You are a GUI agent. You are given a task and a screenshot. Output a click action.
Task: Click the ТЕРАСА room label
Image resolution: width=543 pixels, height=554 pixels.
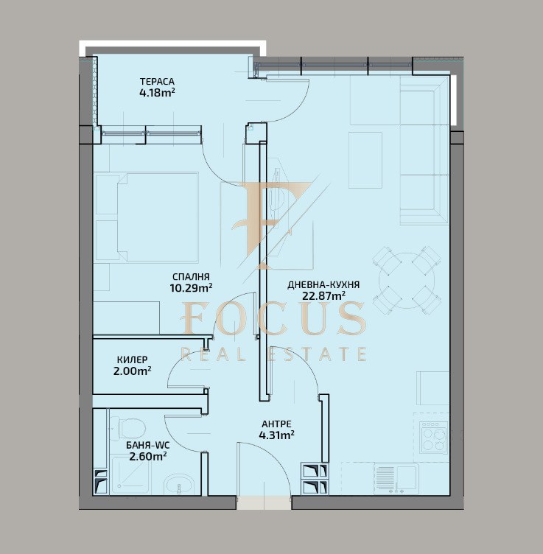click(157, 82)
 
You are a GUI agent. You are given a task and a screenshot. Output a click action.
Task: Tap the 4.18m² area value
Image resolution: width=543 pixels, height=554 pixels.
click(157, 93)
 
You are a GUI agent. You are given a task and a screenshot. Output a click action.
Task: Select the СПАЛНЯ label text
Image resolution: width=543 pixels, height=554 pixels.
click(191, 277)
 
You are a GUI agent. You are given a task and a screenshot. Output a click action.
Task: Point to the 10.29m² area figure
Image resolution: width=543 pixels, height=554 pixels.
click(191, 288)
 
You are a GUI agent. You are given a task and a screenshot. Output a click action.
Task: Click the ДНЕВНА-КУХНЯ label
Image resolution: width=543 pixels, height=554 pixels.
click(323, 285)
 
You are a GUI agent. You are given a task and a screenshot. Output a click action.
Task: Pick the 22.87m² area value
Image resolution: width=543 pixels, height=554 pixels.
click(323, 295)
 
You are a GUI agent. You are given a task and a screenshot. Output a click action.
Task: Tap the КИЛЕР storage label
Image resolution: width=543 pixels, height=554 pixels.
click(132, 360)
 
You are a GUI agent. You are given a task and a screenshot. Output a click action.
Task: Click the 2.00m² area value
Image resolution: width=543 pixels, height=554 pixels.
click(132, 371)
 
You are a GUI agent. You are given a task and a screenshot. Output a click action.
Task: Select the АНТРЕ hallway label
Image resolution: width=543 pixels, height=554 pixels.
click(276, 424)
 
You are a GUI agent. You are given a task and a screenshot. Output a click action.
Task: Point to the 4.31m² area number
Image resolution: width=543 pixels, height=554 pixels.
click(276, 435)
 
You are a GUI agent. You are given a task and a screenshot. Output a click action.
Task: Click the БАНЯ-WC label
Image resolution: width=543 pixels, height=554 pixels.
click(147, 446)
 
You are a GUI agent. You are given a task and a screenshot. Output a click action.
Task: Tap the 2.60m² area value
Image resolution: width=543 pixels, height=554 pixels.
click(147, 457)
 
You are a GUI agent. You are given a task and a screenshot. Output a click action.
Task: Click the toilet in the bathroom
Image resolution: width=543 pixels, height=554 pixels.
click(128, 428)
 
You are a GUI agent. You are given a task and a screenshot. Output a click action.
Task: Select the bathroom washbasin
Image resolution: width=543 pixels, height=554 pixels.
click(179, 485)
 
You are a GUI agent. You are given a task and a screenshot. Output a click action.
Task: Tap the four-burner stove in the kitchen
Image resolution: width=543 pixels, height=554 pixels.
click(433, 438)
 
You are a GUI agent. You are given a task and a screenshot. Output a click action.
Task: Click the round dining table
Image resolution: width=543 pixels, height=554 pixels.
click(407, 281)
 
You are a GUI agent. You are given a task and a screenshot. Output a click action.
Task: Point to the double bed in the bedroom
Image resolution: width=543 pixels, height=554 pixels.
click(158, 217)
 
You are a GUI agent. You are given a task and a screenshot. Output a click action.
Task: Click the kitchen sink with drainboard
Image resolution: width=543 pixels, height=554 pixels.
click(396, 479)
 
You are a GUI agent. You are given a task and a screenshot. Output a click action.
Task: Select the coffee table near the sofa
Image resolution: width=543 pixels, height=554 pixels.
click(365, 160)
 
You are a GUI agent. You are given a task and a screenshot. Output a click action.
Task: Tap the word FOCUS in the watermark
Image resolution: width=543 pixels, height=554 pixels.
click(273, 318)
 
